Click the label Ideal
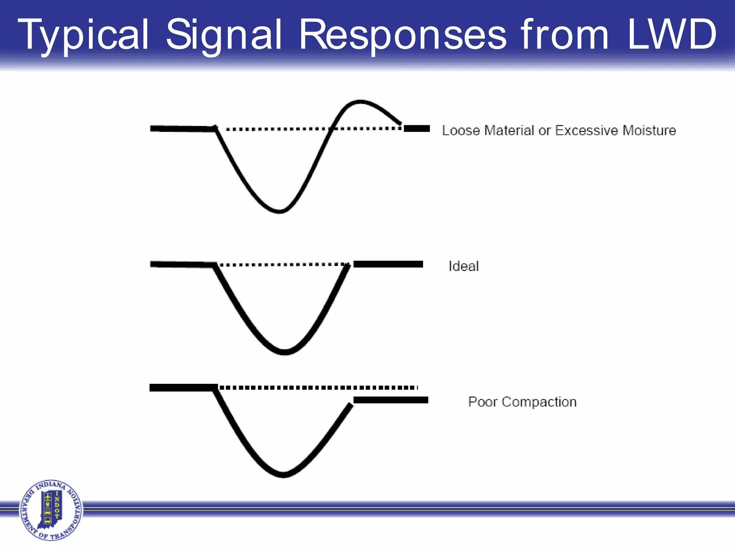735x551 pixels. pos(463,266)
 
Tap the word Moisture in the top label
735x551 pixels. pos(649,130)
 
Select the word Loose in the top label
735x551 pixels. pos(461,130)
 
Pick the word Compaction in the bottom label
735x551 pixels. pos(539,402)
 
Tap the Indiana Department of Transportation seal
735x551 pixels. pos(51,510)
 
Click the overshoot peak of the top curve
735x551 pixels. pos(360,102)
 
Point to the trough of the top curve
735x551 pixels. pos(279,211)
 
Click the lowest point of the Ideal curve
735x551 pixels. pos(284,352)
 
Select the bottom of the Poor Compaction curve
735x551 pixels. pos(284,475)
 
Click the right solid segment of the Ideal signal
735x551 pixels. pos(388,264)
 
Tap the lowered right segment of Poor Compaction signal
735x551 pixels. pos(390,400)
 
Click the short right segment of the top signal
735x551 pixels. pos(417,128)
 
